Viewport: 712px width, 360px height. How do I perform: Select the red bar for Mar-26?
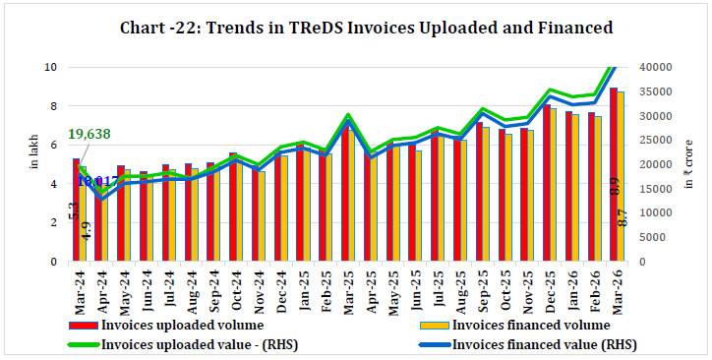614,177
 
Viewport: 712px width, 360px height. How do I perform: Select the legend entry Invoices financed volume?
517,324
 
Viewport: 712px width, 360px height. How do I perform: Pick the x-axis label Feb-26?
593,285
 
